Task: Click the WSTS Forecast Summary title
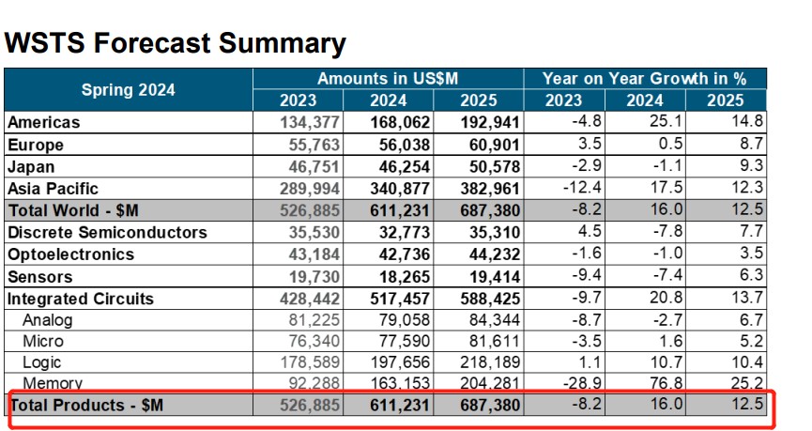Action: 175,43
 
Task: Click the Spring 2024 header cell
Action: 128,90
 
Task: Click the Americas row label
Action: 43,122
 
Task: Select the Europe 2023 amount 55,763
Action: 310,145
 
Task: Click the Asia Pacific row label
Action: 53,189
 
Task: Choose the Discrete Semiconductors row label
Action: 107,232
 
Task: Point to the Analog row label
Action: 48,320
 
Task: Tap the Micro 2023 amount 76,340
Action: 310,342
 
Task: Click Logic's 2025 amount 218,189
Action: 487,362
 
